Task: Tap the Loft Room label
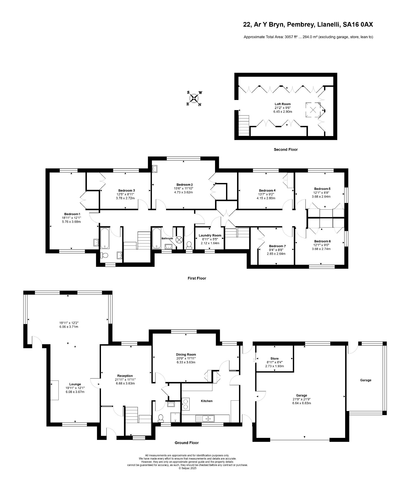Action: pos(283,104)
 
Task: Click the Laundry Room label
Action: pos(210,235)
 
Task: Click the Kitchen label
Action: pos(207,401)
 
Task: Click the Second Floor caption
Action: pos(286,150)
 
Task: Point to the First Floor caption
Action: pos(197,278)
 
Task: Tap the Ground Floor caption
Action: pos(187,443)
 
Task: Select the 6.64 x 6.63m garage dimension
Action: pos(302,403)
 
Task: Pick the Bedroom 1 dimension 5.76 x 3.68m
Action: pos(71,222)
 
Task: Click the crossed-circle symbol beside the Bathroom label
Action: pos(179,240)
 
